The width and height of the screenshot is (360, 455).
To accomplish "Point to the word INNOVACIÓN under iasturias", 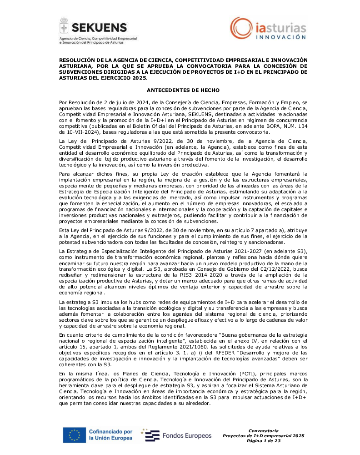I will point(279,37).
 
